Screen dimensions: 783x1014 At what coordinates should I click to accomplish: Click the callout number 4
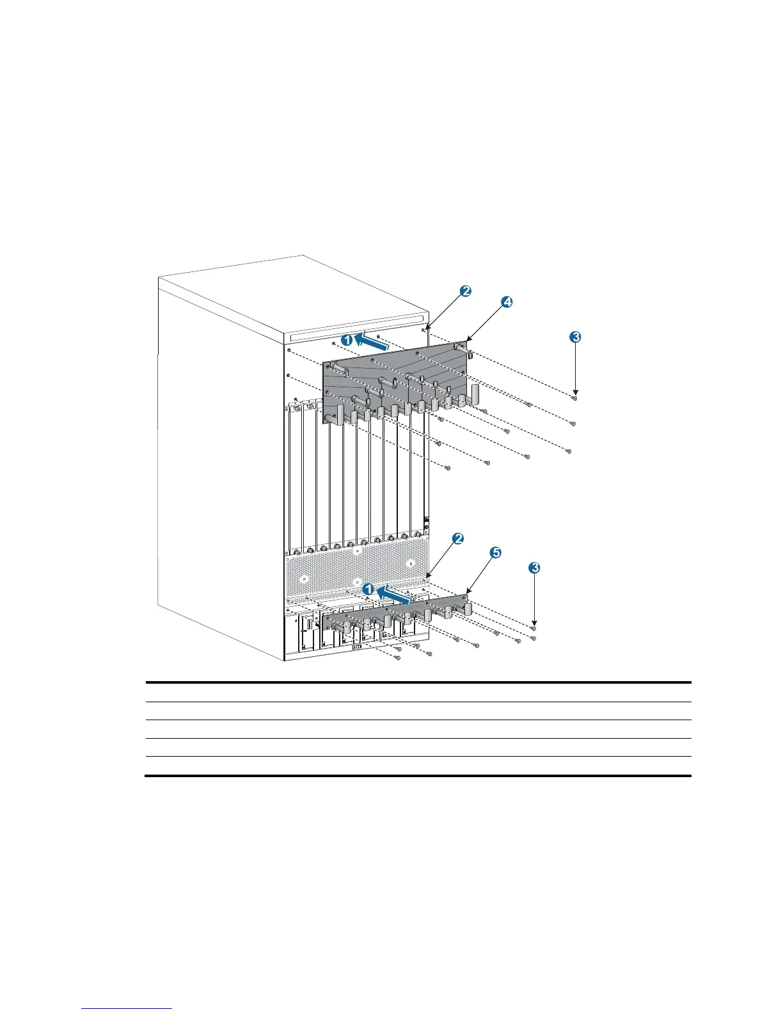tap(506, 303)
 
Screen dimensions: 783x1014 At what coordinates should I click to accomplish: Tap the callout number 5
tap(496, 552)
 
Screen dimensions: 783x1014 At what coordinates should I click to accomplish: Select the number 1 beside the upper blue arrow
tap(346, 341)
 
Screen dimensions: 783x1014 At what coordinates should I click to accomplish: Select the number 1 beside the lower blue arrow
tap(368, 588)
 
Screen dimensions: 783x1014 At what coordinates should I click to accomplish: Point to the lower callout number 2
tap(457, 539)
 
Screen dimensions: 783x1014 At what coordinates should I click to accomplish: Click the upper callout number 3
tap(575, 337)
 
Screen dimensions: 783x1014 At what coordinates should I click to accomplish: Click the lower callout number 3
tap(535, 567)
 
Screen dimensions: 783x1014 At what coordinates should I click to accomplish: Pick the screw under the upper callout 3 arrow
tap(574, 398)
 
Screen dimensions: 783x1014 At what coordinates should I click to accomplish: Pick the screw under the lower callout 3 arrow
tap(534, 629)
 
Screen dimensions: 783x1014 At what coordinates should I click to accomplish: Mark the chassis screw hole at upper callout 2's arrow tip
tap(427, 330)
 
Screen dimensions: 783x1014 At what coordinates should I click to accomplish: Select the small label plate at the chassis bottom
tap(357, 647)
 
